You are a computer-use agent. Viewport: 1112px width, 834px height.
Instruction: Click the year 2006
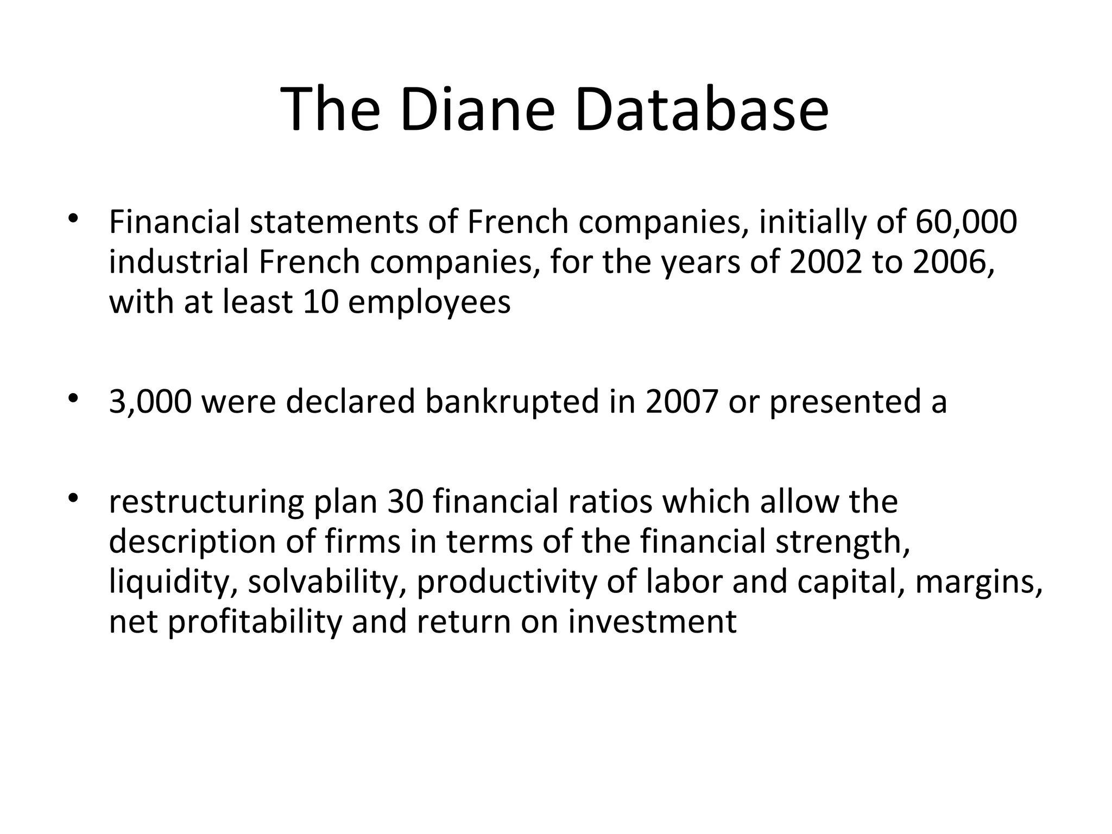(953, 262)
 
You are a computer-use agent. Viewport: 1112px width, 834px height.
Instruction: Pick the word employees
(429, 302)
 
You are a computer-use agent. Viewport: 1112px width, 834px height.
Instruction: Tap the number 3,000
(150, 402)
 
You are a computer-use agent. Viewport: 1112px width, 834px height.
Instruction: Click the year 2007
(682, 402)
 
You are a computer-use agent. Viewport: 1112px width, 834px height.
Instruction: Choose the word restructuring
(206, 502)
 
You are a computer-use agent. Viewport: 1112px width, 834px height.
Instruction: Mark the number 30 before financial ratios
(405, 502)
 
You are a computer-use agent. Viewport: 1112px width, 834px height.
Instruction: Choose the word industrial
(180, 262)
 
